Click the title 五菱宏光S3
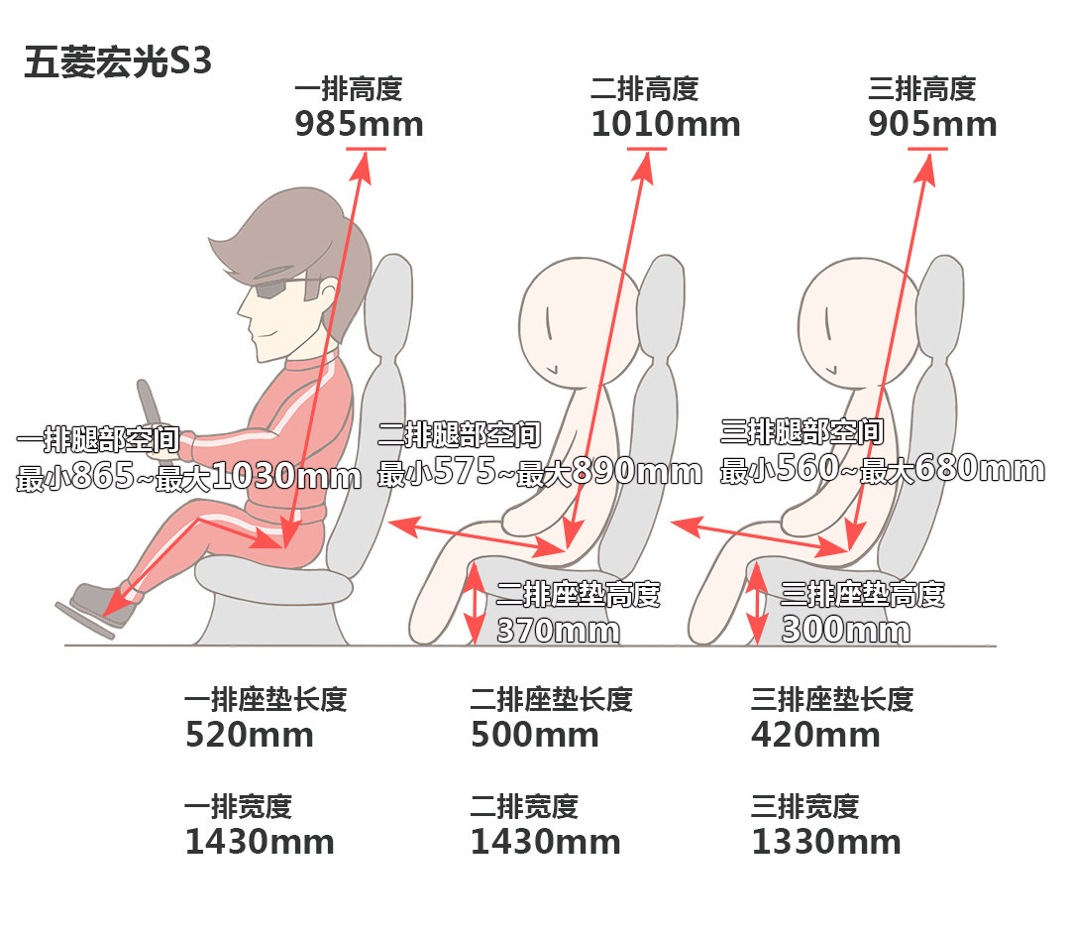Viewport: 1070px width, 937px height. pos(117,62)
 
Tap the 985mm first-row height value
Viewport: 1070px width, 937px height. pos(359,124)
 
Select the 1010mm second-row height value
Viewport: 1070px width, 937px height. pos(666,124)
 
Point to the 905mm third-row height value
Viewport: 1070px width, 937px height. pos(932,124)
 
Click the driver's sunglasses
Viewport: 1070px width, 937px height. pos(285,287)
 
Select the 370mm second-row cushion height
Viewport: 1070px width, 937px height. pos(558,630)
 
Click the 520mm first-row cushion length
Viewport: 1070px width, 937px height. pos(250,735)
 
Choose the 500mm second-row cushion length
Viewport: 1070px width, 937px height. pos(535,735)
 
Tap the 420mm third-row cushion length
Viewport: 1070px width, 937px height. pos(815,735)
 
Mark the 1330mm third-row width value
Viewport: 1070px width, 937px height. pos(826,842)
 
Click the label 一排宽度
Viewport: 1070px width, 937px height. pos(238,806)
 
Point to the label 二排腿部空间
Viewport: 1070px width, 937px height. pos(460,434)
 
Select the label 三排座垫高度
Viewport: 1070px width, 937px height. pos(863,594)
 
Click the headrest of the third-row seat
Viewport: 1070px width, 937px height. pos(939,304)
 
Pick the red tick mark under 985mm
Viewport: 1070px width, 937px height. pos(366,148)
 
